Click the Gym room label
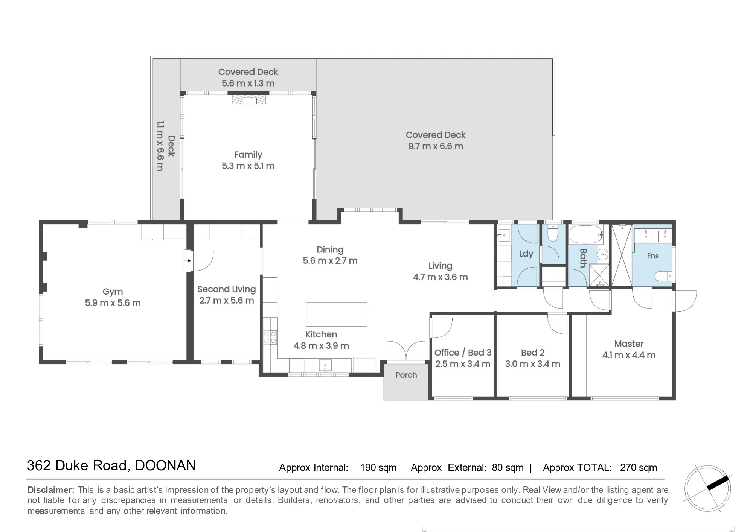pos(113,292)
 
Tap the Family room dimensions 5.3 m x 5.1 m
pos(248,166)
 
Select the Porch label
pos(406,375)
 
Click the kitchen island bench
pos(336,314)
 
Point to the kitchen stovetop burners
pos(270,337)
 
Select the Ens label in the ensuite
pos(653,256)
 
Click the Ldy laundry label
pos(526,254)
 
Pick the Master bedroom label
pos(629,344)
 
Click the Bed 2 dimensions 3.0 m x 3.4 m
pos(533,364)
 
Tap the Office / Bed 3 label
pos(463,353)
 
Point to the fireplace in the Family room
pos(249,99)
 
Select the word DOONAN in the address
pos(165,465)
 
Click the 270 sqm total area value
pos(639,468)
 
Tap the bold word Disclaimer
pos(51,490)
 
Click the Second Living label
pos(227,289)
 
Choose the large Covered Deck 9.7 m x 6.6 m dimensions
pos(436,146)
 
